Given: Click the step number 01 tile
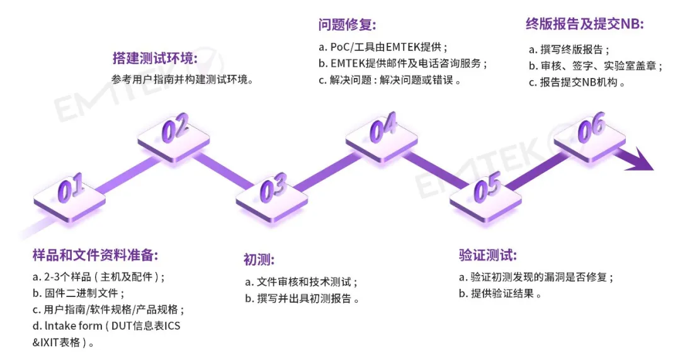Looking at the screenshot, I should pyautogui.click(x=70, y=192).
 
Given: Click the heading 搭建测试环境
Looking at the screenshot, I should pyautogui.click(x=155, y=59).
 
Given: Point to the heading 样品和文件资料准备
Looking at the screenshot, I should pyautogui.click(x=95, y=255).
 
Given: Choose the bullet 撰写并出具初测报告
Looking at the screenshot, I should pyautogui.click(x=302, y=298).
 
